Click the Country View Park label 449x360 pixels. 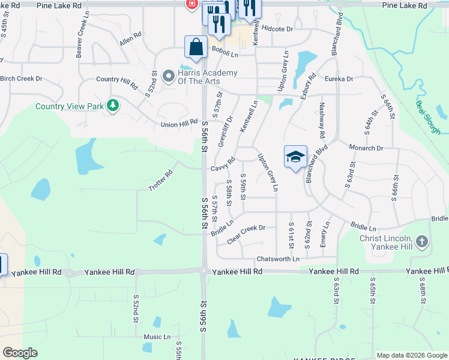pos(70,106)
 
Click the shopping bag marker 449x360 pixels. pos(196,46)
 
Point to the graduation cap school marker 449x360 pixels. pos(295,157)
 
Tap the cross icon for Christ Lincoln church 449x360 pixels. pos(422,242)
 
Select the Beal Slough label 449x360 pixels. pos(427,116)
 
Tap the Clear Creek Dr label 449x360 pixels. pos(246,235)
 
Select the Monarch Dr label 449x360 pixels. pos(366,148)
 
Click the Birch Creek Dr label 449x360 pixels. pos(22,79)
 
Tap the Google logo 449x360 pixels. pos(20,353)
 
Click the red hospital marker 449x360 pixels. pos(191,4)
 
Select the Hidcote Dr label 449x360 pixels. pos(277,28)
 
